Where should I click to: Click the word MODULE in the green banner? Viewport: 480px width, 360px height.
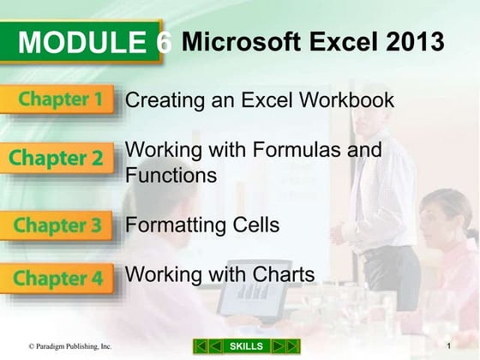pyautogui.click(x=82, y=43)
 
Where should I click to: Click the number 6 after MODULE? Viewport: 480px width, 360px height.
pyautogui.click(x=165, y=43)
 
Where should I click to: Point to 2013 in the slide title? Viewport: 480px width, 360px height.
pyautogui.click(x=415, y=40)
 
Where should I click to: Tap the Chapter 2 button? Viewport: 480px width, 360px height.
pyautogui.click(x=57, y=159)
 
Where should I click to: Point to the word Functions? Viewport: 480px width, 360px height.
pyautogui.click(x=171, y=176)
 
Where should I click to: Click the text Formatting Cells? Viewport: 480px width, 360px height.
pyautogui.click(x=202, y=226)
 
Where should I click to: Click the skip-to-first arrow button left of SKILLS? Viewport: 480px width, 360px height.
pyautogui.click(x=201, y=345)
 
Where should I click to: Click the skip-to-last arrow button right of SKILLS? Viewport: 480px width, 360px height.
pyautogui.click(x=292, y=345)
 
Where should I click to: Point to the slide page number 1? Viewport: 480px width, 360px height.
pyautogui.click(x=449, y=345)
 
